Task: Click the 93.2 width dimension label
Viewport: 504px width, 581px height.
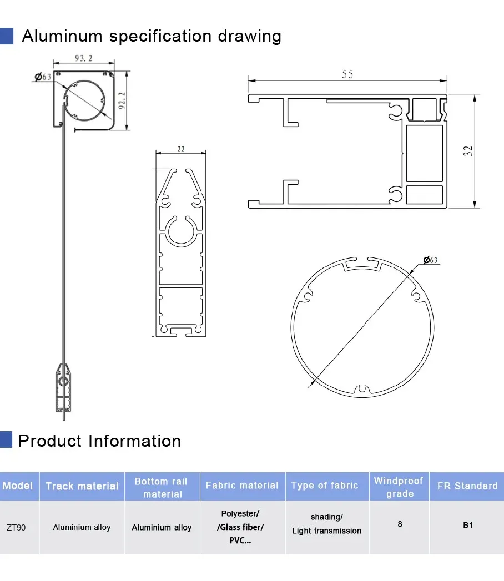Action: coord(83,58)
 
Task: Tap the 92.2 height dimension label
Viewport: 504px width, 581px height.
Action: coord(122,100)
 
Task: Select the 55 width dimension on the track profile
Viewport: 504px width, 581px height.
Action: coord(347,74)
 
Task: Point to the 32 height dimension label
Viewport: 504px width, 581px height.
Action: coord(468,151)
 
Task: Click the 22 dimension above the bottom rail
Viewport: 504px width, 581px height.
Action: coord(181,149)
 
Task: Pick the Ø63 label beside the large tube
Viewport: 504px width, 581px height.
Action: coord(430,260)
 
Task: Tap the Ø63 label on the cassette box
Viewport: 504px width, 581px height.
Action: coord(43,77)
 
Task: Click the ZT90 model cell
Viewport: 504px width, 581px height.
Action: coord(16,527)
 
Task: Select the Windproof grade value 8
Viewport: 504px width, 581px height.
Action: coord(400,524)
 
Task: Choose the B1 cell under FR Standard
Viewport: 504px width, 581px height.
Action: coord(468,525)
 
